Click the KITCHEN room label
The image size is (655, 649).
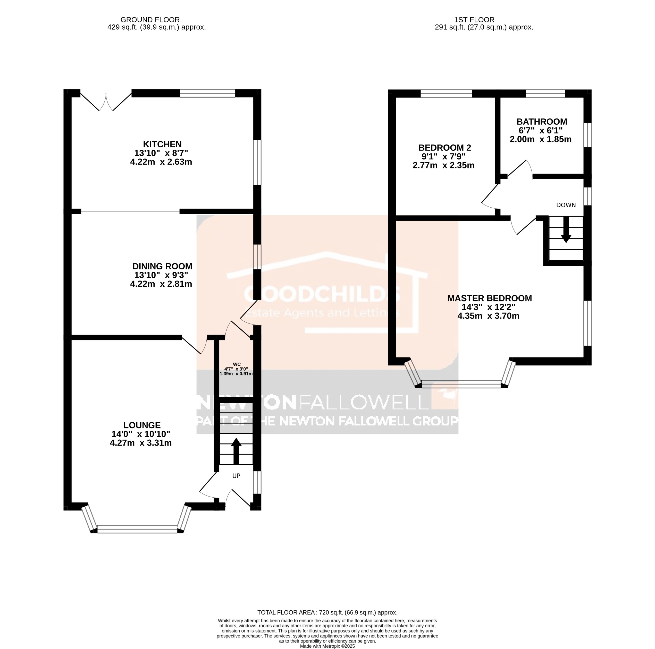pyautogui.click(x=162, y=144)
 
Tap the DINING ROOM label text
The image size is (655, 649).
pyautogui.click(x=162, y=266)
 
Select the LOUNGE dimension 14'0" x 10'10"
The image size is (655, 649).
pyautogui.click(x=140, y=434)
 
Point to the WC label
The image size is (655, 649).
pyautogui.click(x=236, y=364)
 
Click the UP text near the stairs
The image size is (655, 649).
pyautogui.click(x=236, y=476)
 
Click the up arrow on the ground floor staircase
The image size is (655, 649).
pyautogui.click(x=236, y=451)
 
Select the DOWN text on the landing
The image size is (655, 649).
pyautogui.click(x=566, y=205)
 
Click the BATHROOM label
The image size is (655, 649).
pyautogui.click(x=541, y=122)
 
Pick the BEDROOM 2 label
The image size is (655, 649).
pyautogui.click(x=444, y=148)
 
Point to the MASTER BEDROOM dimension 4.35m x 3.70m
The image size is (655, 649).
pyautogui.click(x=488, y=316)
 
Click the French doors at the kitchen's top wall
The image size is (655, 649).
pyautogui.click(x=106, y=102)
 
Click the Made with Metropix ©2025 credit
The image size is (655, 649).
pyautogui.click(x=327, y=646)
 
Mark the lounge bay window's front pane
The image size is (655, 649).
pyautogui.click(x=137, y=527)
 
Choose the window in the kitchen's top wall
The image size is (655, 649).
pyautogui.click(x=207, y=93)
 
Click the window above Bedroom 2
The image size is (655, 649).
pyautogui.click(x=446, y=93)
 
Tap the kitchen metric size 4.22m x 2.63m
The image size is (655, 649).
pyautogui.click(x=161, y=162)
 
